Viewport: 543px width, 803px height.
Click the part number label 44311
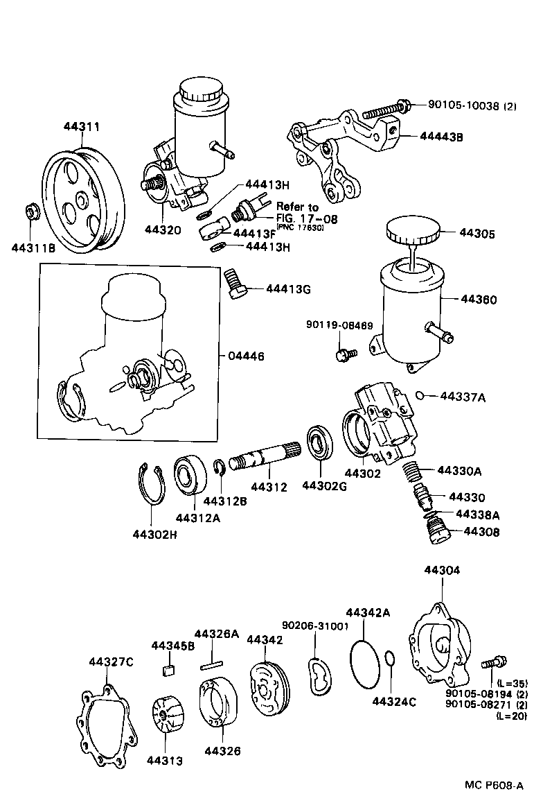pyautogui.click(x=82, y=127)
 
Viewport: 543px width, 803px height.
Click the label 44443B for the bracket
pyautogui.click(x=441, y=137)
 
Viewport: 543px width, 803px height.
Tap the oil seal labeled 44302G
pyautogui.click(x=319, y=444)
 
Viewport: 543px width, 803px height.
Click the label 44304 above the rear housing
pyautogui.click(x=441, y=570)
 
